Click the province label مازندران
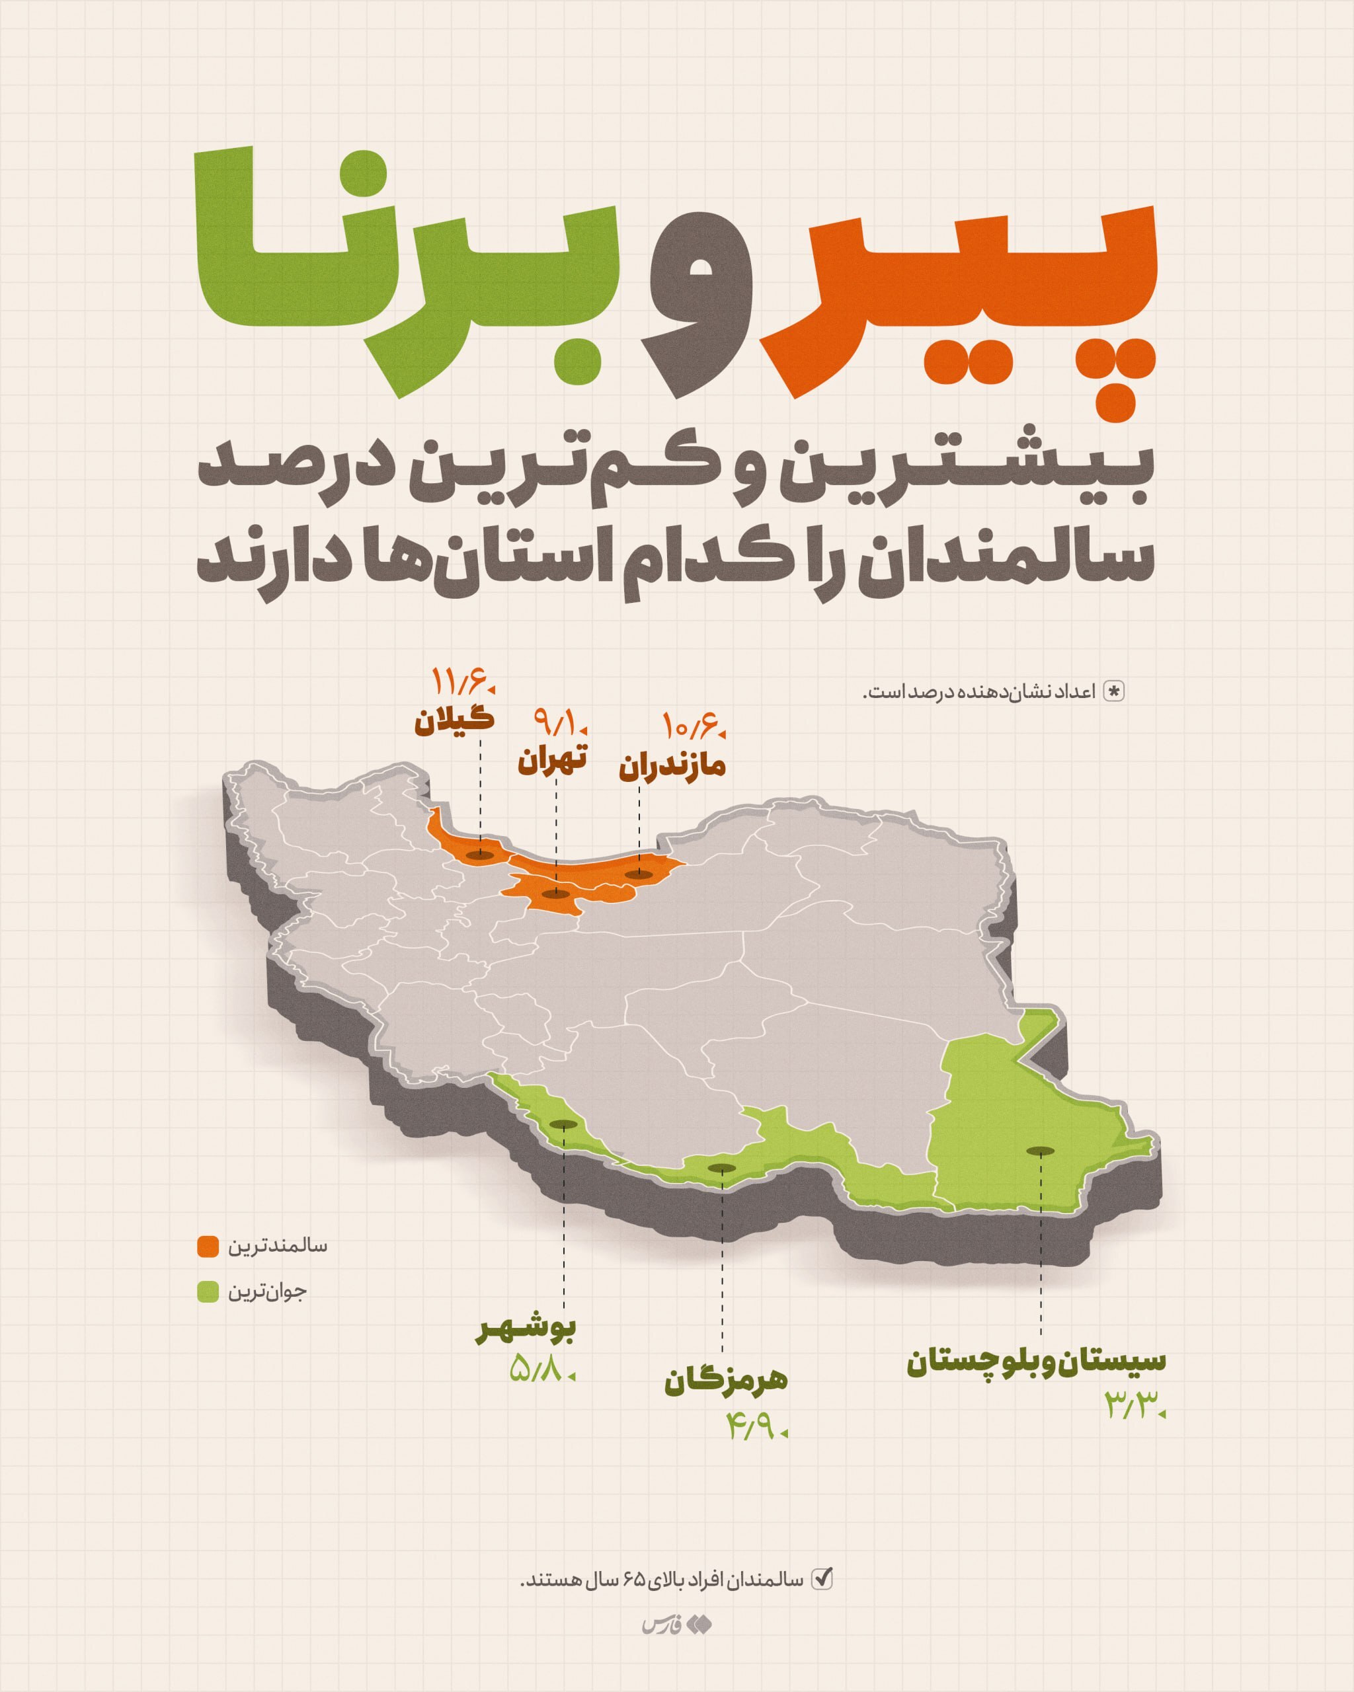672,767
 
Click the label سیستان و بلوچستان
1037,1362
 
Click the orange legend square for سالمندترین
208,1247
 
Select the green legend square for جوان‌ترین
208,1291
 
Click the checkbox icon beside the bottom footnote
821,1578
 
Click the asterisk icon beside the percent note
1114,691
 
